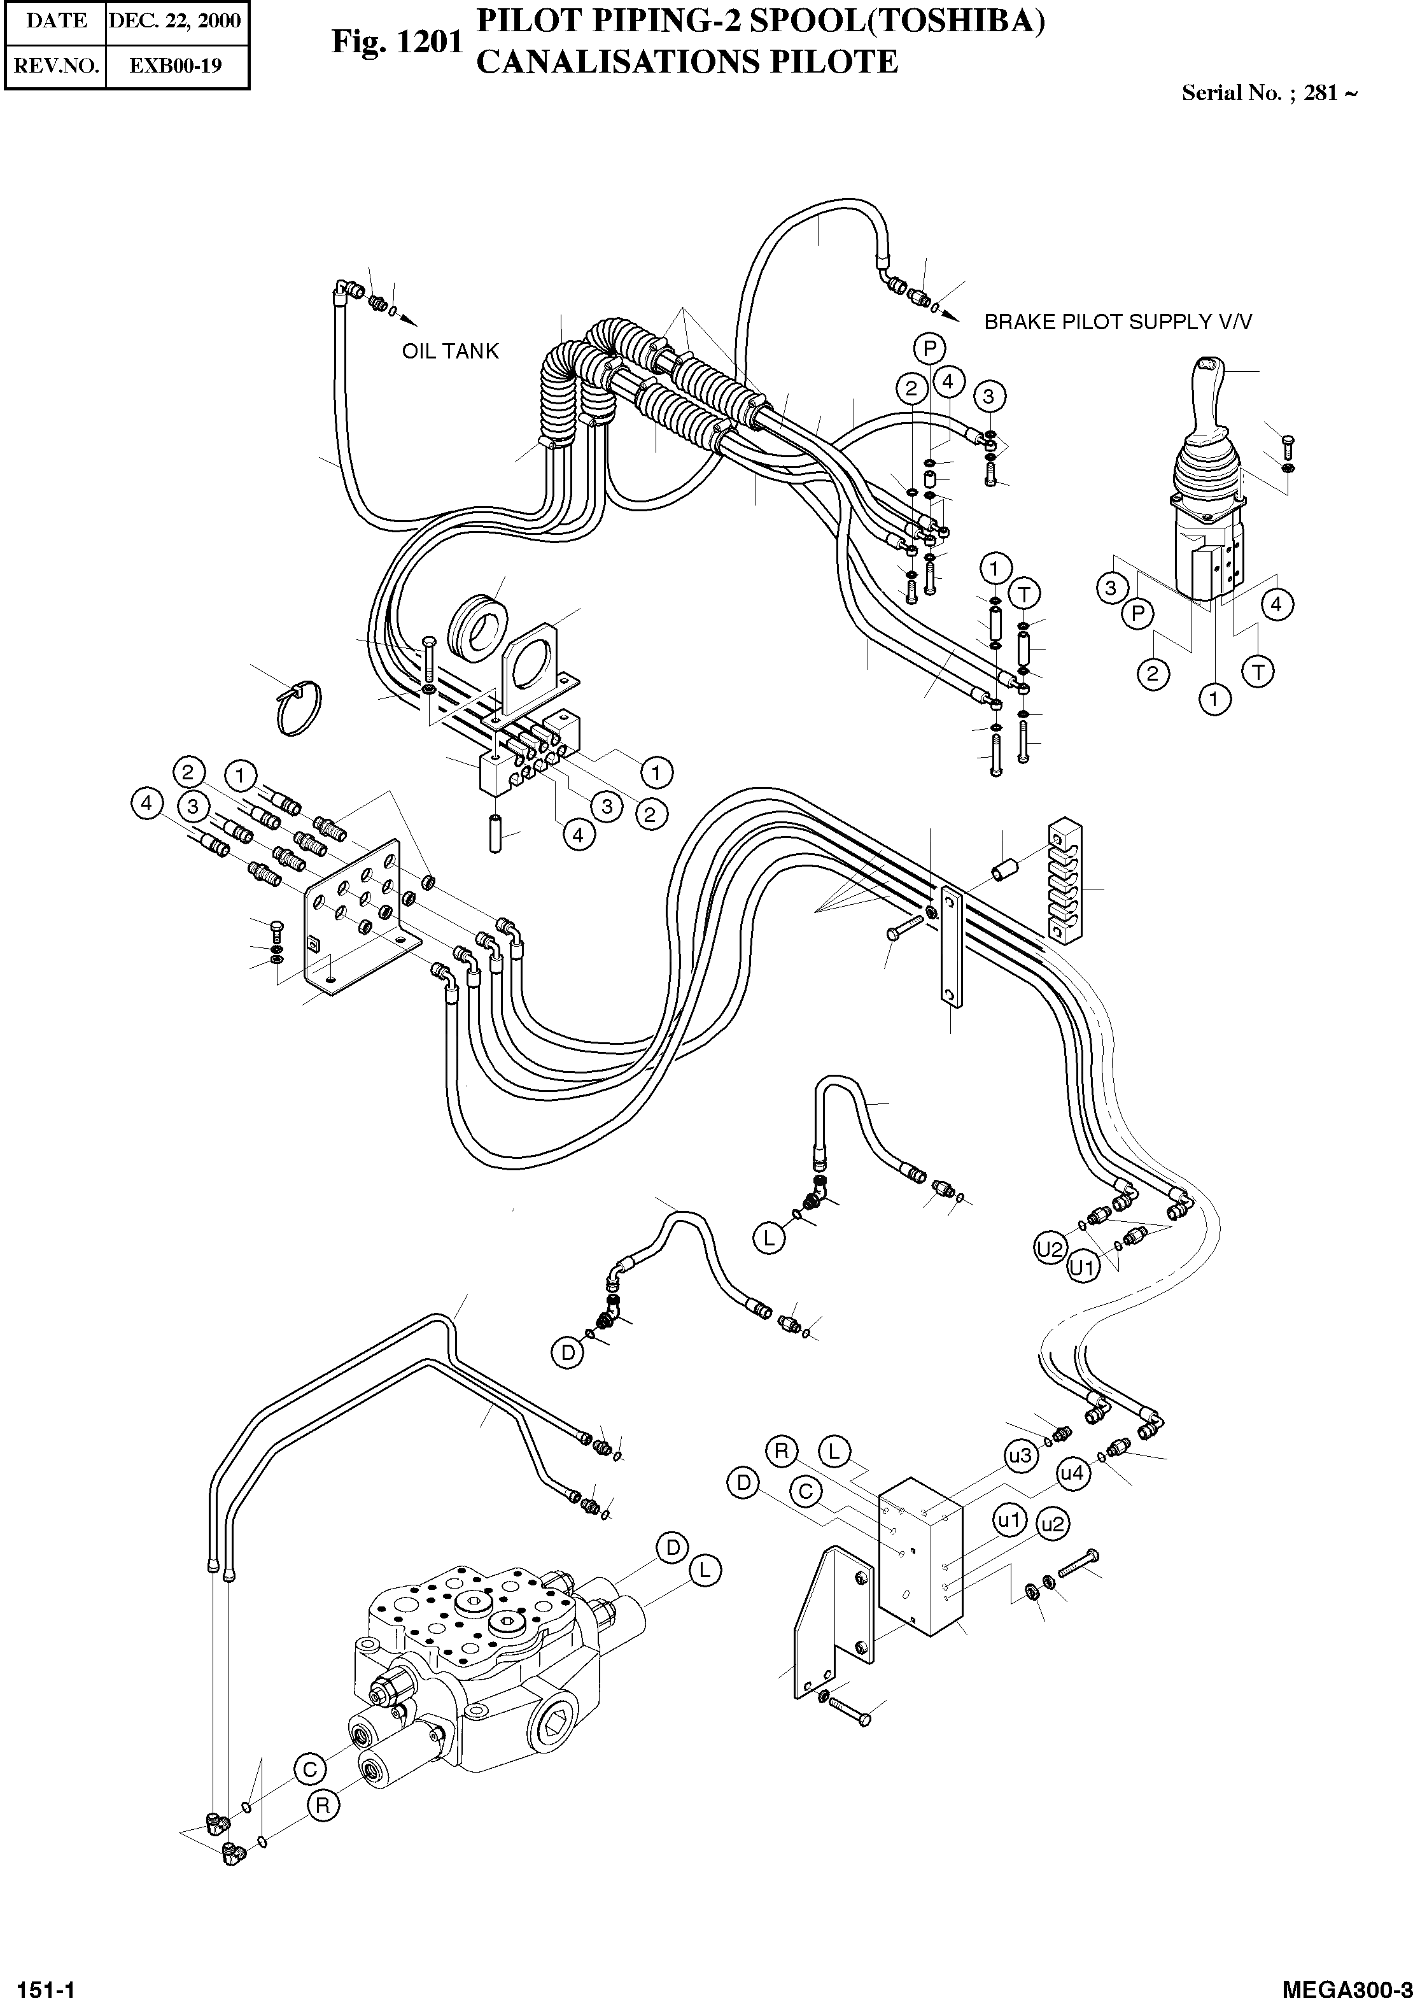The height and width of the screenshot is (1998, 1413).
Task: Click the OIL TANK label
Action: [x=450, y=351]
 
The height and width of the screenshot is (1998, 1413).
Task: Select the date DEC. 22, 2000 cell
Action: [x=174, y=21]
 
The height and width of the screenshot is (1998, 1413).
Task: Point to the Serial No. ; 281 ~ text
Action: [x=1268, y=93]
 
